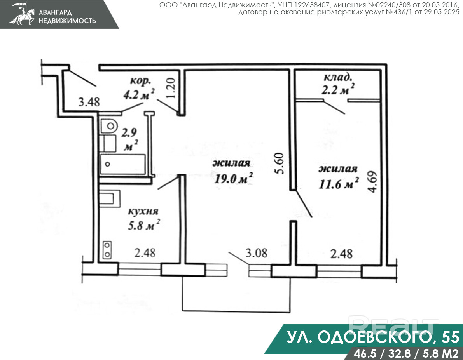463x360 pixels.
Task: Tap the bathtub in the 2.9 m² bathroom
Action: (x=122, y=164)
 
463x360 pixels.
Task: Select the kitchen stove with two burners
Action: (x=107, y=250)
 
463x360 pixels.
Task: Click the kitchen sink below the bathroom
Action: (x=109, y=198)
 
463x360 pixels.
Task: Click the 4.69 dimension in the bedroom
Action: (x=373, y=182)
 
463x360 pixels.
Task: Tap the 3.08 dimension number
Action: (x=257, y=253)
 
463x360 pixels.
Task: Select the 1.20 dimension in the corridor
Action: (x=171, y=88)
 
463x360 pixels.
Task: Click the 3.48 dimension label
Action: (x=89, y=102)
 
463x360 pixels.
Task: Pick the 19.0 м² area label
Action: (x=233, y=178)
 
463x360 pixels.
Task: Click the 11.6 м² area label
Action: (x=339, y=184)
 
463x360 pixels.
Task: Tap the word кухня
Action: (x=143, y=211)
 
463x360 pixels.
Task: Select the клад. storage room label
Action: (x=338, y=77)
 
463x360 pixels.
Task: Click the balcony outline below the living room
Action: (x=236, y=311)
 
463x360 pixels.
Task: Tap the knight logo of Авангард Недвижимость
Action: (x=22, y=14)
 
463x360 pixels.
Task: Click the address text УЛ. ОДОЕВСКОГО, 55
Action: (x=373, y=337)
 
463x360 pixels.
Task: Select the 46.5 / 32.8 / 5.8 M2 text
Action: (x=406, y=353)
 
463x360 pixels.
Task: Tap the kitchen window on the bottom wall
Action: (x=140, y=269)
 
